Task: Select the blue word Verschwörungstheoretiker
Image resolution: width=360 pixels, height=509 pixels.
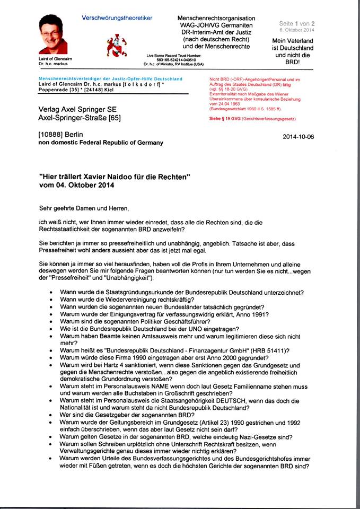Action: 117,18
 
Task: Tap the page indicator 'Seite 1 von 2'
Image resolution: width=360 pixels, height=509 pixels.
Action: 297,23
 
